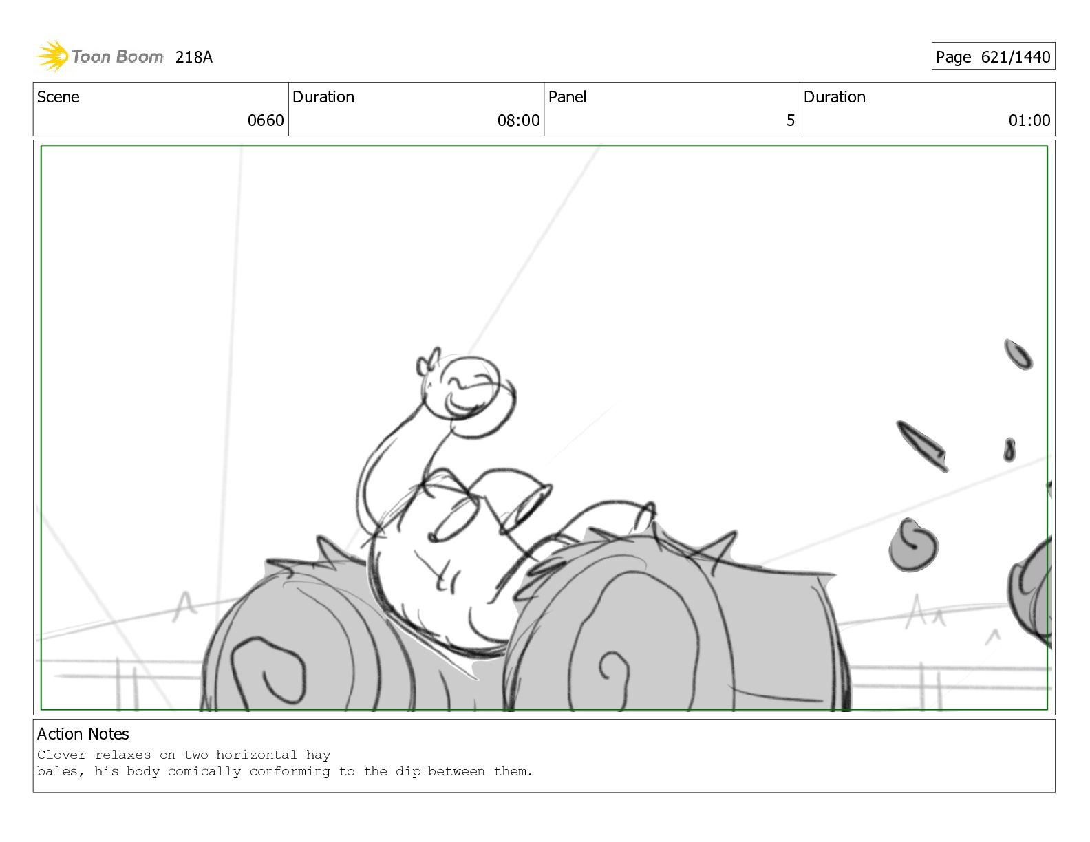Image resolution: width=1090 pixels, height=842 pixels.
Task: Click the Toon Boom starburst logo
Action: click(x=52, y=56)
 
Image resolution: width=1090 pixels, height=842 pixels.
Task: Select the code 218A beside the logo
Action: click(x=193, y=57)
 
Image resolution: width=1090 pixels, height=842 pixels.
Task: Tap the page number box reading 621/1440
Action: click(x=993, y=56)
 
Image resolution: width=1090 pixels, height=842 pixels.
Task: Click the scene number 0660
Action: click(x=266, y=120)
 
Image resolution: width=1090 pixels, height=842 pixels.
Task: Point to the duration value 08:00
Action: click(x=518, y=120)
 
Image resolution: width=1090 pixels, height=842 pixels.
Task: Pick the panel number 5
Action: click(x=790, y=120)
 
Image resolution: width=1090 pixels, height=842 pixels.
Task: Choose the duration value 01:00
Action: click(x=1029, y=120)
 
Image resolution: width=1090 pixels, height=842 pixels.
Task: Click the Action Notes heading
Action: click(x=83, y=734)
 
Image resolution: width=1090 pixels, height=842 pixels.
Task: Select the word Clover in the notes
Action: click(x=61, y=755)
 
